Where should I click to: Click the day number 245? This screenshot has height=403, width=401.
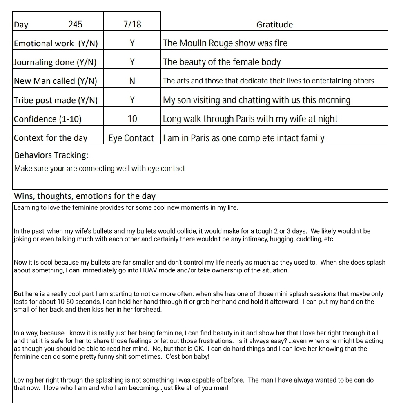point(75,25)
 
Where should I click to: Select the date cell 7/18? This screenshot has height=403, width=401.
point(132,25)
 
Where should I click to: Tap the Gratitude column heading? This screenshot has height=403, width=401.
point(274,25)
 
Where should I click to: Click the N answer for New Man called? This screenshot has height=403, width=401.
point(132,81)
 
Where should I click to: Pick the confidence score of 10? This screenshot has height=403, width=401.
point(132,119)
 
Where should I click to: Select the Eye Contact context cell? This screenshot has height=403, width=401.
point(131,138)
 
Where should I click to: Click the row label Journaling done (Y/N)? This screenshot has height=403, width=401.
point(55,62)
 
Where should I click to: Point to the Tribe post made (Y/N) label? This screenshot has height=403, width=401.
point(56,100)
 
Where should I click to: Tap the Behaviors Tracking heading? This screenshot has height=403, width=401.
point(51,155)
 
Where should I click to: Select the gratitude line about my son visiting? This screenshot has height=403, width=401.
point(256,100)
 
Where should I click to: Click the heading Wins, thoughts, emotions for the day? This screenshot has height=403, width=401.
point(85,196)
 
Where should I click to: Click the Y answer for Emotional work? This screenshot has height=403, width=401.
point(132,43)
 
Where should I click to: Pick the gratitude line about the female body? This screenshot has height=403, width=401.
point(222,62)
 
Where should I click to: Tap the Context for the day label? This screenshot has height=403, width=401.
point(51,138)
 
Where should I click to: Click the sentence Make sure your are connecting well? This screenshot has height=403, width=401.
point(100,169)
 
